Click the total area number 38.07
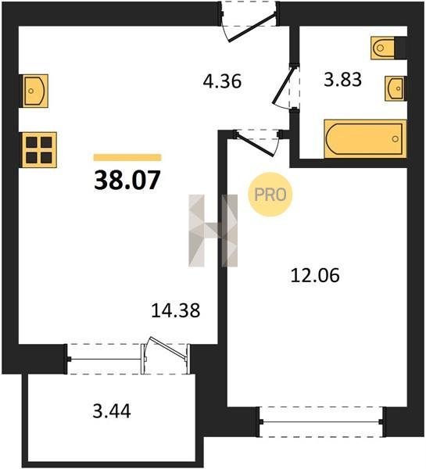tap(127, 180)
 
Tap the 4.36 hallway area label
tap(222, 81)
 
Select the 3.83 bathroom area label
tap(343, 80)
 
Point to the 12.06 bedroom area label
tap(315, 275)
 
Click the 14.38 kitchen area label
tap(176, 310)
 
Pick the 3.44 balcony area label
tap(112, 411)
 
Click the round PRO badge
tap(270, 195)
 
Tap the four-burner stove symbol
tap(39, 150)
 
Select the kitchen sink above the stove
tap(35, 91)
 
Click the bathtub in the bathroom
tap(365, 139)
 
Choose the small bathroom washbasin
tap(395, 88)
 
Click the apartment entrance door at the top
tap(252, 27)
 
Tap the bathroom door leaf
tap(283, 85)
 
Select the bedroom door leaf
tap(254, 145)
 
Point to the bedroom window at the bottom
tap(321, 422)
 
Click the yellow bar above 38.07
tap(127, 157)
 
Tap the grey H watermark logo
tap(213, 231)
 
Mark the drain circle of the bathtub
tap(396, 139)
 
